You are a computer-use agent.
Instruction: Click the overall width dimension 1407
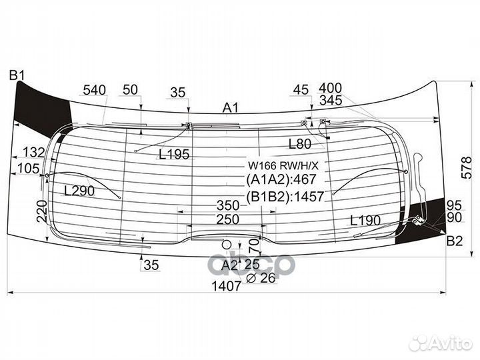click(x=227, y=287)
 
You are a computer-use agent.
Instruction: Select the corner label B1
click(x=16, y=75)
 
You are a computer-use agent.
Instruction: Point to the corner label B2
click(x=454, y=241)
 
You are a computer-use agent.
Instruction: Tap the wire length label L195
click(x=175, y=155)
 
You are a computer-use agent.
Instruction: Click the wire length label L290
click(x=79, y=191)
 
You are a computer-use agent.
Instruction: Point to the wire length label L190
click(x=365, y=221)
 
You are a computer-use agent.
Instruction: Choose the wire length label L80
click(x=300, y=143)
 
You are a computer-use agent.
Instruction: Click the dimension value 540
click(x=95, y=90)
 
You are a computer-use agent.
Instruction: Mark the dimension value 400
click(x=331, y=88)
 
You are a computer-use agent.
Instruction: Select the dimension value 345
click(x=331, y=100)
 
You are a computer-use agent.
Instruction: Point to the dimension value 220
click(x=41, y=210)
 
